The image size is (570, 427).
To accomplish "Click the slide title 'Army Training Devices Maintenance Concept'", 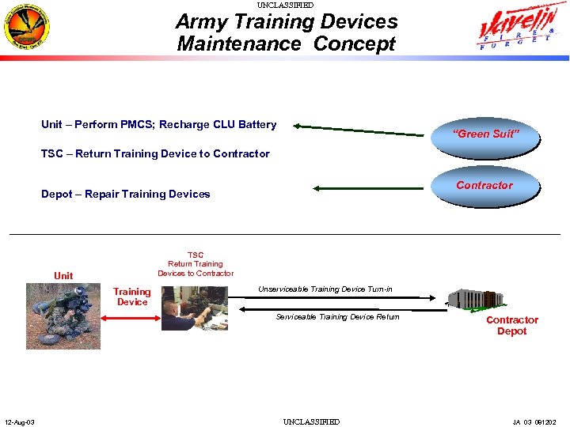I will (287, 32).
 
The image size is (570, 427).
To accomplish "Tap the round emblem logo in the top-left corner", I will (26, 26).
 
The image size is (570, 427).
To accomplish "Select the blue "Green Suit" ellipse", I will (485, 132).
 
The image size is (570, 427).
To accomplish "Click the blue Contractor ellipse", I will (484, 187).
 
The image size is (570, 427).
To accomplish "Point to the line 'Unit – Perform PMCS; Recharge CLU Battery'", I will (158, 124).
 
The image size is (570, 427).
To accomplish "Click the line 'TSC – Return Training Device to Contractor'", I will (155, 153).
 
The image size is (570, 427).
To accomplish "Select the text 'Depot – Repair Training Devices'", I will (125, 194).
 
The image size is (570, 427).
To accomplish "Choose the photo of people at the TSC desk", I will (194, 308).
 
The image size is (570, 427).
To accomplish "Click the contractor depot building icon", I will (476, 298).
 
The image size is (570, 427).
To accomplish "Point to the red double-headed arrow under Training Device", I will (131, 318).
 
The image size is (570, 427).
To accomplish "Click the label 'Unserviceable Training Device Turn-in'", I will (325, 289).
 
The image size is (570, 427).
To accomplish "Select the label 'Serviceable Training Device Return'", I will (337, 316).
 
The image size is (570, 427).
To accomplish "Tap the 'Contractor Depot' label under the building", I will (511, 325).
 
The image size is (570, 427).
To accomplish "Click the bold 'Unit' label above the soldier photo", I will (63, 275).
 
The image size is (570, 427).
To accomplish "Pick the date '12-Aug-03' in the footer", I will (18, 421).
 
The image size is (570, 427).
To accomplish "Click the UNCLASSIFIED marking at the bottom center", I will (311, 421).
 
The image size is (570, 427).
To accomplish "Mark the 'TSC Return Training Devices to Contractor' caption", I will (196, 264).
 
